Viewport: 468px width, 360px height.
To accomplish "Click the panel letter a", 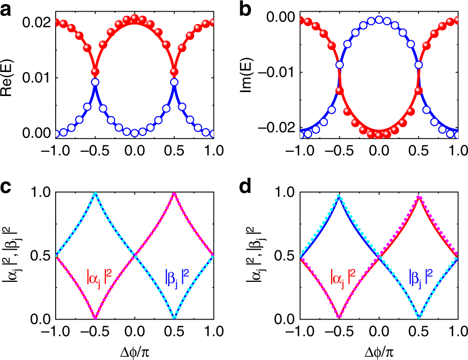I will coord(7,9).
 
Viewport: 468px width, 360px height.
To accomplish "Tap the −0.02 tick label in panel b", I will coord(275,126).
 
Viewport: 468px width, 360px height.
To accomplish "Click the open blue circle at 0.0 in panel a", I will coord(134,133).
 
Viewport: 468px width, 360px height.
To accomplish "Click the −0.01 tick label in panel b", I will coord(275,72).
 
